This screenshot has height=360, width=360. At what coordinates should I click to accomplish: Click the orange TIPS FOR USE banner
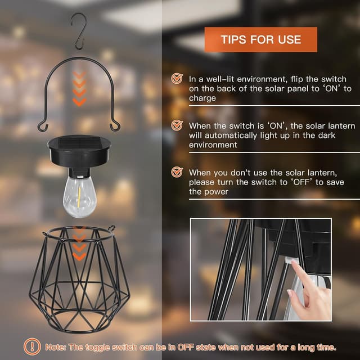coord(260,39)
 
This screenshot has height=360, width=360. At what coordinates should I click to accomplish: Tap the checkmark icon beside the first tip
coord(177,79)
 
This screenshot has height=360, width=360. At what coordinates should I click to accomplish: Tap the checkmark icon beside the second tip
coord(177,125)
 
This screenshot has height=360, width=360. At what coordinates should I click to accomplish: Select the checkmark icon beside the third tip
coord(177,172)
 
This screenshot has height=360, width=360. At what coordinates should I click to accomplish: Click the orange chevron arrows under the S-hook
coord(80,90)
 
